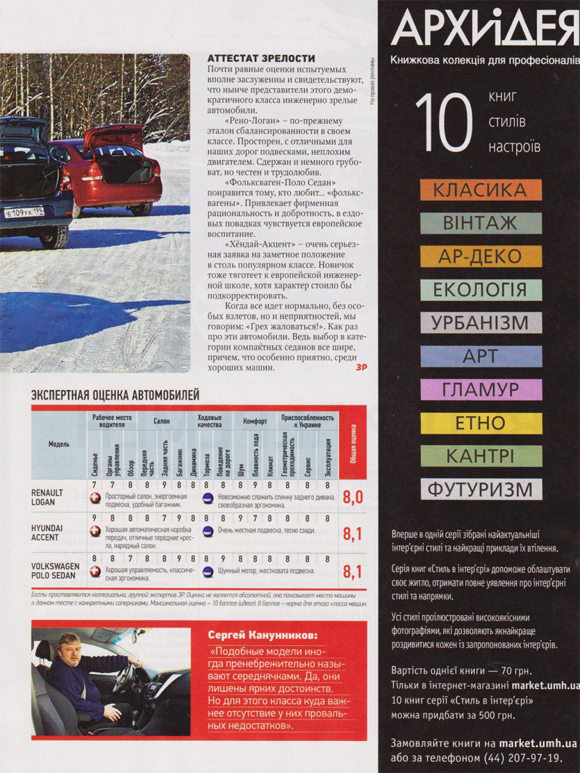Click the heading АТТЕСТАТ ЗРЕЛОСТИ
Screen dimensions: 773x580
[x=261, y=58]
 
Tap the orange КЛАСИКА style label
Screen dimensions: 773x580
[x=479, y=190]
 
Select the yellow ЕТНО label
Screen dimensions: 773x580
[x=480, y=423]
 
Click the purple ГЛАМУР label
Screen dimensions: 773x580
[x=480, y=389]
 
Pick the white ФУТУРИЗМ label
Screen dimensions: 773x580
[x=480, y=489]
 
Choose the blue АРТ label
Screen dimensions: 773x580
[x=480, y=357]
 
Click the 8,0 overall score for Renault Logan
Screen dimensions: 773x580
[x=354, y=496]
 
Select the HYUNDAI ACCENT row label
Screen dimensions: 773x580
[x=47, y=532]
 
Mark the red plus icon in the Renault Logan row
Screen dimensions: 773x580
[x=95, y=498]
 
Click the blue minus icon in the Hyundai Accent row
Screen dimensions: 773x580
[x=207, y=530]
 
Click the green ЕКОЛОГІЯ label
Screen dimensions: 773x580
[x=480, y=290]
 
